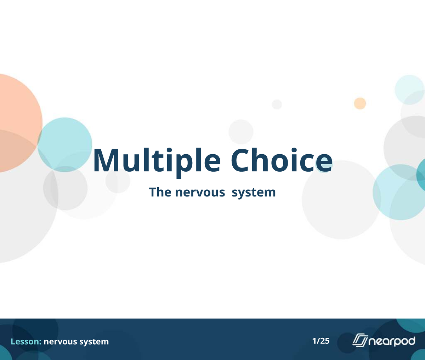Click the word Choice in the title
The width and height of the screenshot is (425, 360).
[x=282, y=160]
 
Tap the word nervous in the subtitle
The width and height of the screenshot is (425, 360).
[x=200, y=192]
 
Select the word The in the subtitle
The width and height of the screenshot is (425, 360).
[x=160, y=192]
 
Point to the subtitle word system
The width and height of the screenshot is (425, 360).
[x=254, y=193]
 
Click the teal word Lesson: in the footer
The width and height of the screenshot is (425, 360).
[x=26, y=342]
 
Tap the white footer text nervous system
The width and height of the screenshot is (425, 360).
[x=76, y=342]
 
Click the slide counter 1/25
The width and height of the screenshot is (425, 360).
[x=321, y=341]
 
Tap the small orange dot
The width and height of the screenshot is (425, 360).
[x=360, y=103]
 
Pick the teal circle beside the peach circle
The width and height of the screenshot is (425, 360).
[x=65, y=145]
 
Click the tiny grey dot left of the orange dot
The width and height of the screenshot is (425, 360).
[x=277, y=104]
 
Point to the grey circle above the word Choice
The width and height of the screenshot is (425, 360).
[x=241, y=132]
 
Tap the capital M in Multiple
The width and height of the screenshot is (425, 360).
[x=107, y=160]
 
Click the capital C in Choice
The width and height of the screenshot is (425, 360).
[x=241, y=160]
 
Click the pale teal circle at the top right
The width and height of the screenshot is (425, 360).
[x=409, y=90]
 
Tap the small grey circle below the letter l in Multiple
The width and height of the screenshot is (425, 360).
[x=118, y=181]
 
